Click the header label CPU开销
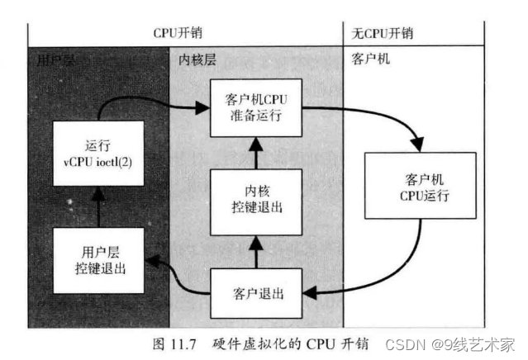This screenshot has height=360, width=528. click(178, 33)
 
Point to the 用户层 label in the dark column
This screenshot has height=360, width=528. click(56, 59)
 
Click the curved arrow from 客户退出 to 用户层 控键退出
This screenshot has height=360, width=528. click(178, 281)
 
